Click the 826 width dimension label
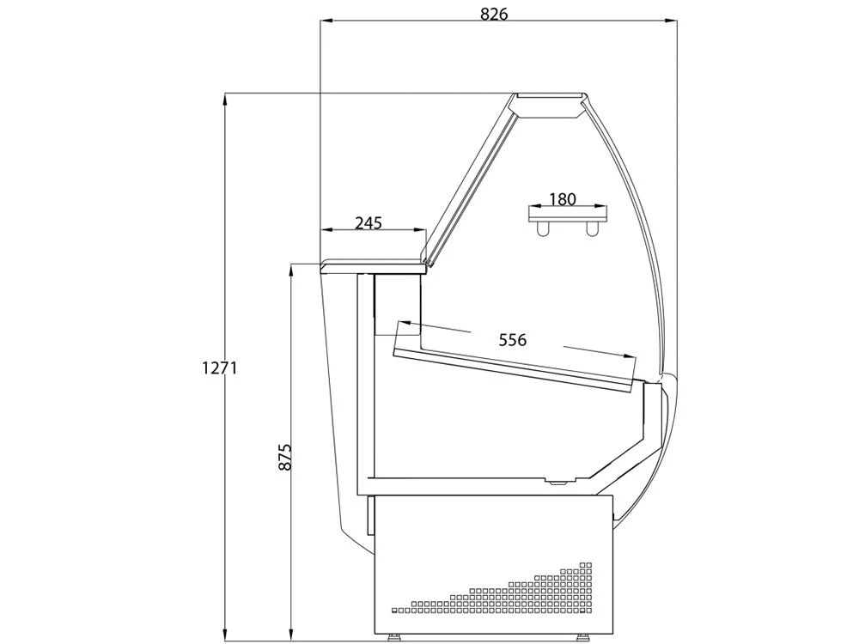point(494,14)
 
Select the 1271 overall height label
point(220,368)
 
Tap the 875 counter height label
point(285,457)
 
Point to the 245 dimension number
point(369,223)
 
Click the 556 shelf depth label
point(513,340)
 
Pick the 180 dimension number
point(563,199)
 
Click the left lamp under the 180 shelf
point(543,229)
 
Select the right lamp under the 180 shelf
point(591,229)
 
